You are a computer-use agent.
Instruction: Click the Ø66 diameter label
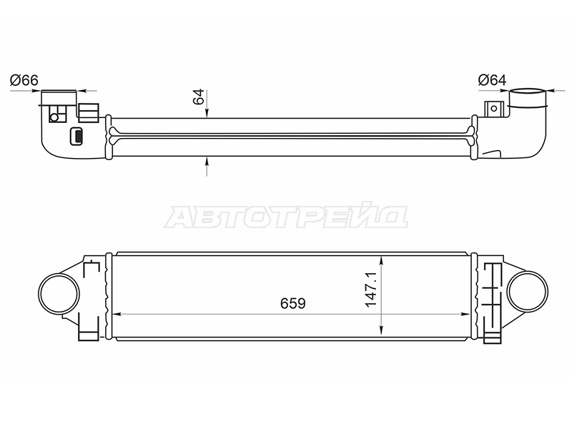24,80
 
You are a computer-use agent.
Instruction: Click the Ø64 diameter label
492,80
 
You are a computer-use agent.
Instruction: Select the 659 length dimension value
293,303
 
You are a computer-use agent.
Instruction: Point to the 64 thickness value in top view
199,97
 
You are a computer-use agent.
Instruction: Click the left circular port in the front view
59,293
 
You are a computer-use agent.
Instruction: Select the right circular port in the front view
528,291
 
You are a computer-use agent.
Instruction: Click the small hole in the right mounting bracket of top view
494,109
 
